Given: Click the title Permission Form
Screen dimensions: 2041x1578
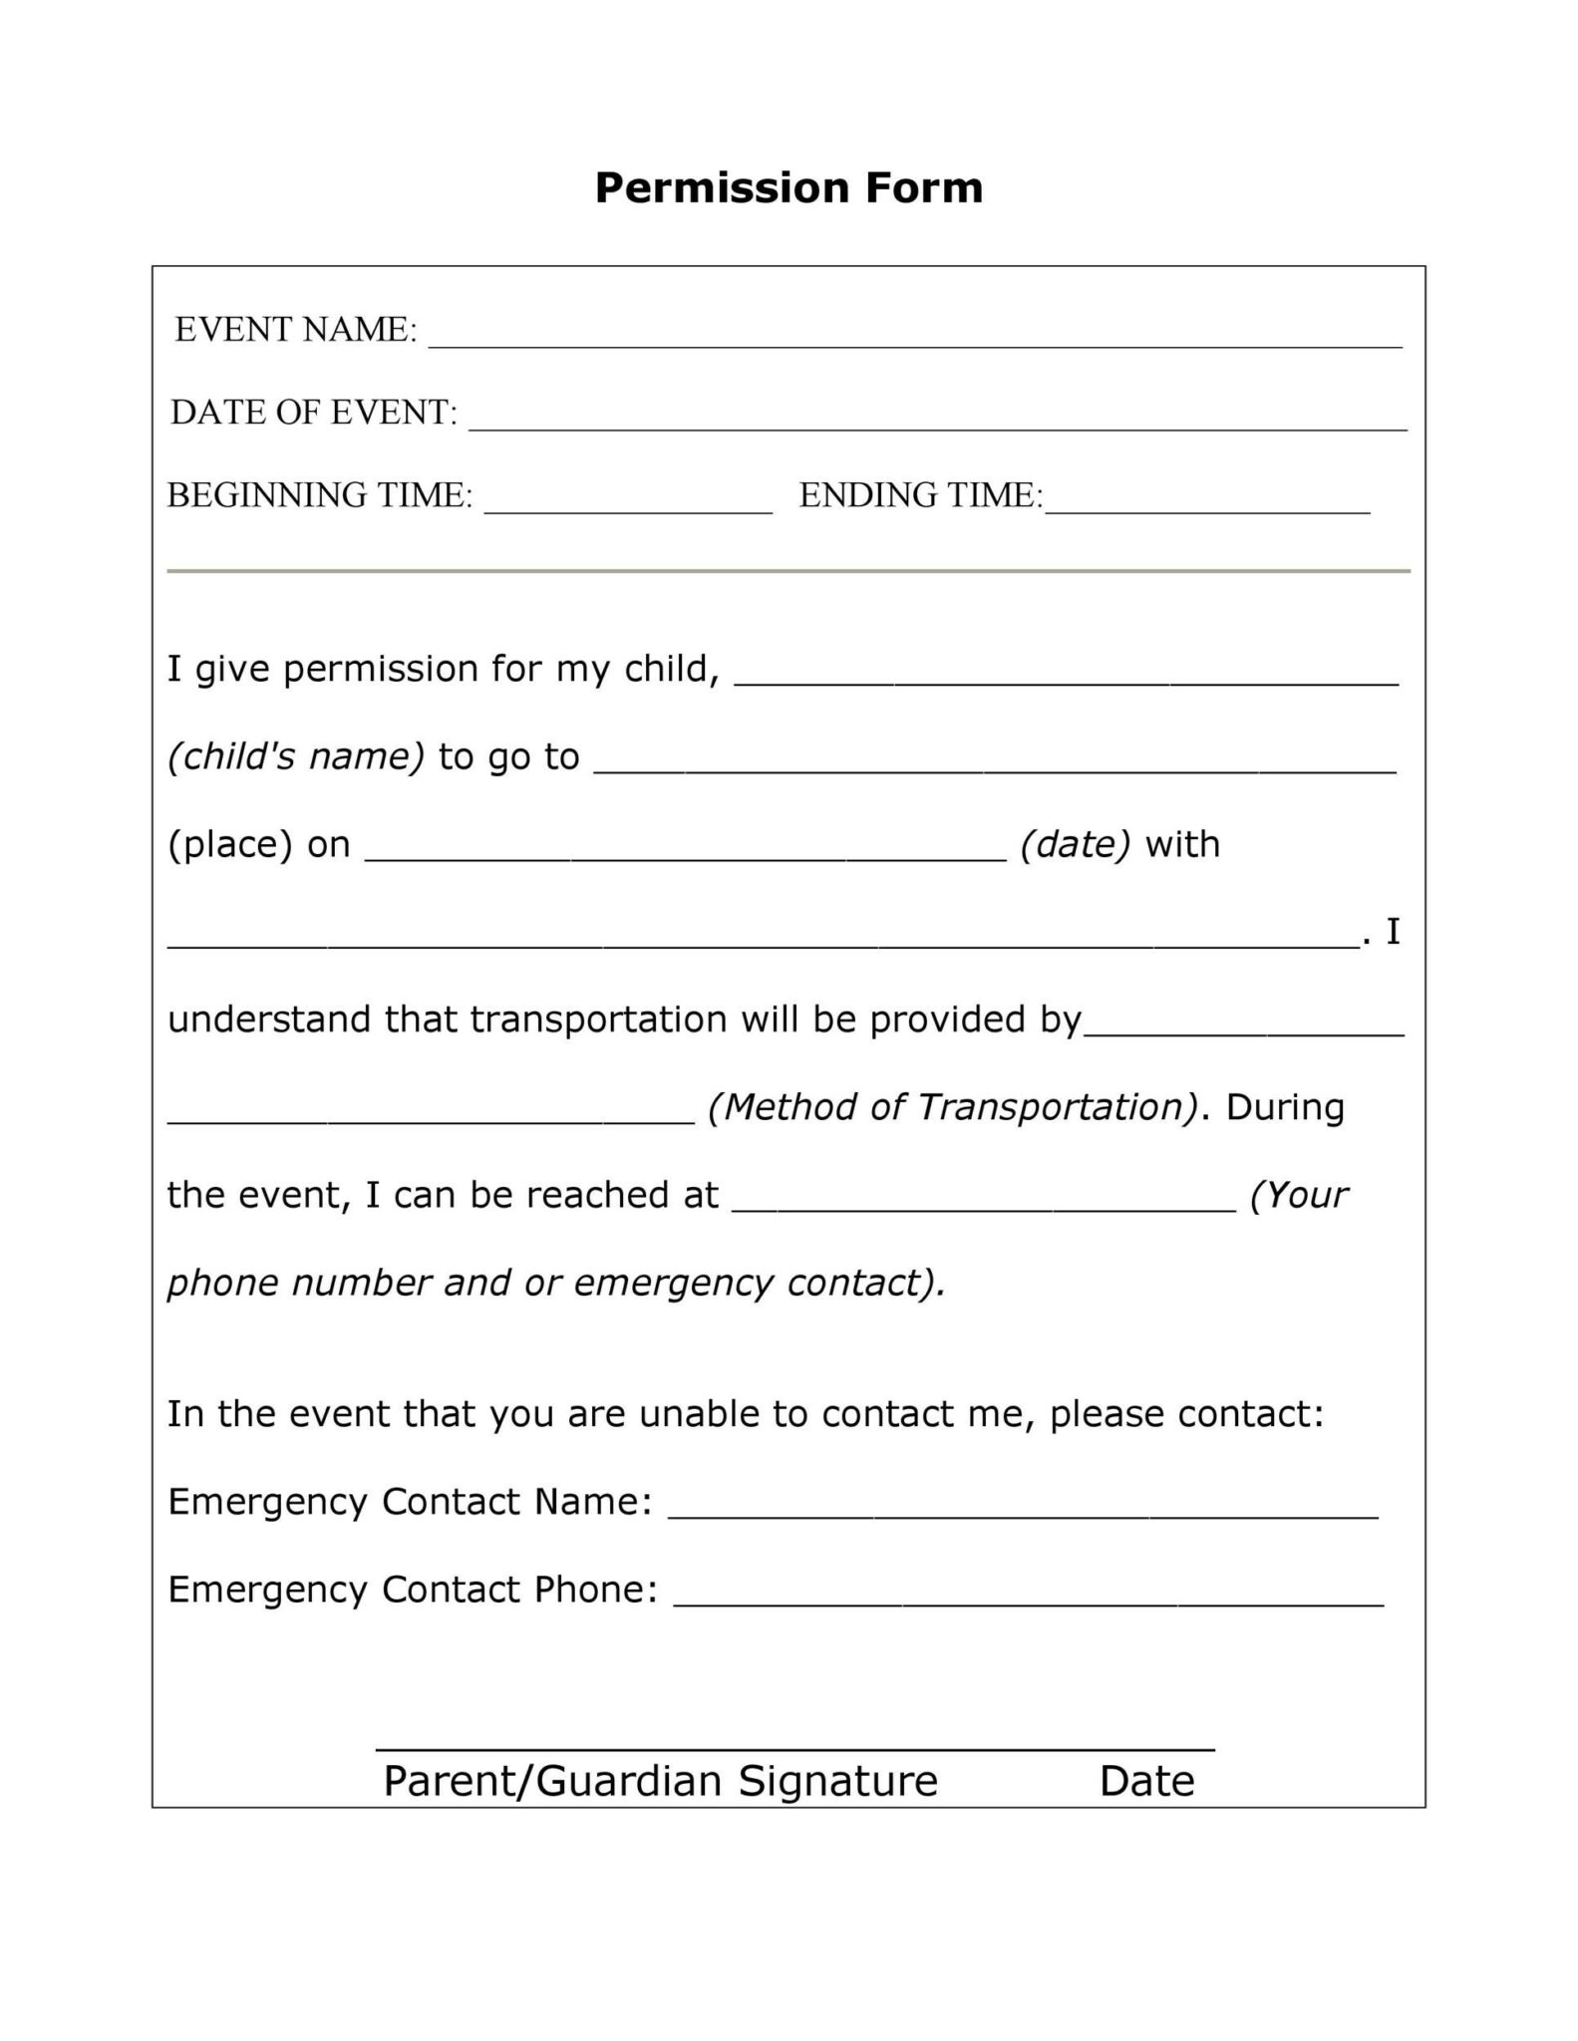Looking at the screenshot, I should [789, 187].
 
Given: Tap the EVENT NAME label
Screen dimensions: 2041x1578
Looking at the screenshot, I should [296, 330].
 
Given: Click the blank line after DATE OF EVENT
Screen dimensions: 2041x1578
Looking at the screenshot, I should [937, 426].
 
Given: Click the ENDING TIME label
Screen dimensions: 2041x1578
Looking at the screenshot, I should [920, 495].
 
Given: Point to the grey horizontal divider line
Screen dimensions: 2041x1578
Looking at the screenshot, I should [789, 571].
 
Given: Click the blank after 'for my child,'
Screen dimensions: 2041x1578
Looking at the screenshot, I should [1066, 681].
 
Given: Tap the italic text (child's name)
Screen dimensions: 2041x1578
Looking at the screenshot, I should [296, 756].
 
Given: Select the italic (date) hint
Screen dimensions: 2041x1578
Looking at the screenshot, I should [1076, 844].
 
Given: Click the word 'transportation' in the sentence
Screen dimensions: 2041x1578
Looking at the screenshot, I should [597, 1020].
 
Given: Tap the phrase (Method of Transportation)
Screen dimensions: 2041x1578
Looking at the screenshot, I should [953, 1107].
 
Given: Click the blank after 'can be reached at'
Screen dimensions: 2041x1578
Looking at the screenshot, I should [984, 1207].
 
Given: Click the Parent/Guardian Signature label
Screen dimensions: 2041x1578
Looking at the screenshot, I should [661, 1780].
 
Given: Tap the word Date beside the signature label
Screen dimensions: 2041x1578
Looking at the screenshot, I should [1146, 1781].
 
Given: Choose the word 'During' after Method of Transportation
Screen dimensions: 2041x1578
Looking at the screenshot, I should [1284, 1107].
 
